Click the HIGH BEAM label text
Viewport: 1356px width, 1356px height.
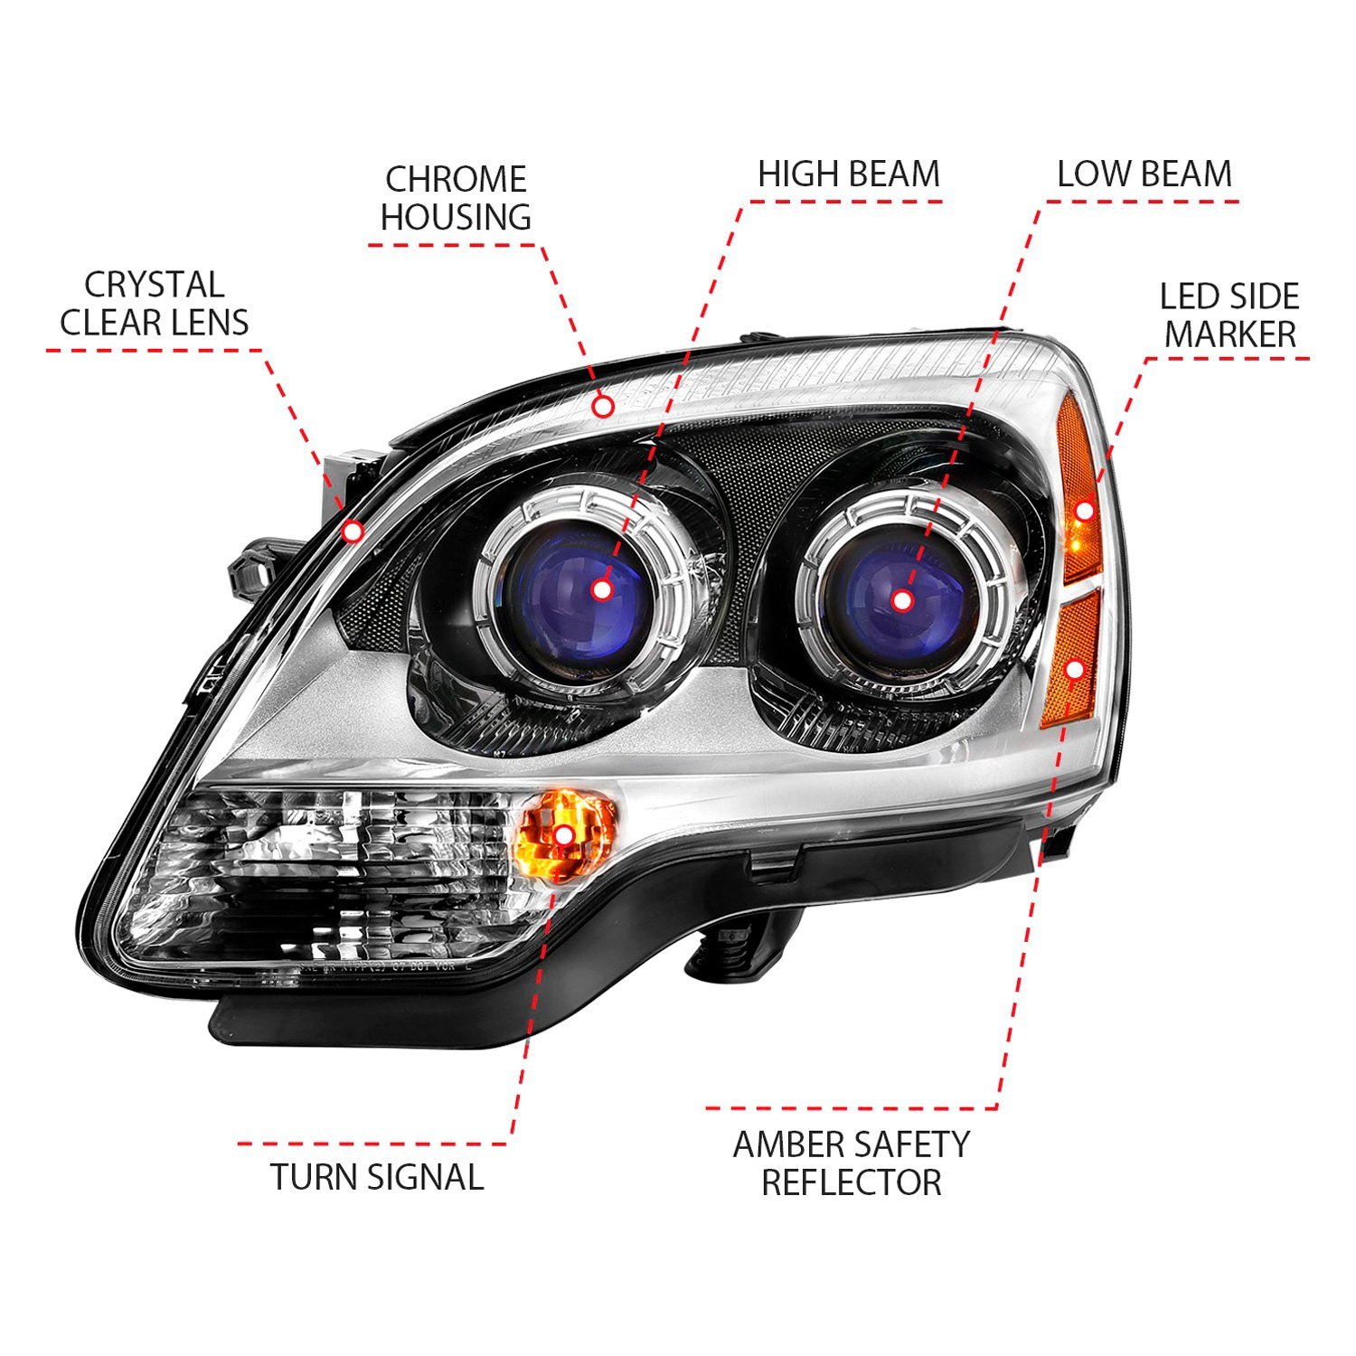click(x=849, y=174)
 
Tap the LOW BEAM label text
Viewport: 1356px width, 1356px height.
click(x=1144, y=174)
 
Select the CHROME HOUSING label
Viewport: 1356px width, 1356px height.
click(x=456, y=198)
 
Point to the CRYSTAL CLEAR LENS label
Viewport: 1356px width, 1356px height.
click(x=154, y=304)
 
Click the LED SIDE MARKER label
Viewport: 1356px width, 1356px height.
click(x=1229, y=315)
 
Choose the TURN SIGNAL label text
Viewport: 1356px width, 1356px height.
click(x=377, y=1176)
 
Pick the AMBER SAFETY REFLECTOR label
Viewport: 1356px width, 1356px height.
click(x=851, y=1163)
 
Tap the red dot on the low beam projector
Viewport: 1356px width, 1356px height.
click(x=901, y=599)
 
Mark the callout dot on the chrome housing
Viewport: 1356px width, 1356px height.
click(x=604, y=407)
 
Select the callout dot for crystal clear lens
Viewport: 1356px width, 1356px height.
click(x=353, y=532)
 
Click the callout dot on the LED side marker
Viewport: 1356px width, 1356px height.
click(x=1085, y=512)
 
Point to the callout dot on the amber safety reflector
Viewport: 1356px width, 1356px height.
click(x=1075, y=669)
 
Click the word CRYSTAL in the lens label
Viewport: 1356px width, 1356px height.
click(x=154, y=285)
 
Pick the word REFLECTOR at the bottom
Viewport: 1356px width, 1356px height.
click(x=852, y=1182)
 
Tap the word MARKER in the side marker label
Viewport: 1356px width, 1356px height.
click(x=1229, y=334)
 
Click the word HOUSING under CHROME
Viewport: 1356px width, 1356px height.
click(x=456, y=217)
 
